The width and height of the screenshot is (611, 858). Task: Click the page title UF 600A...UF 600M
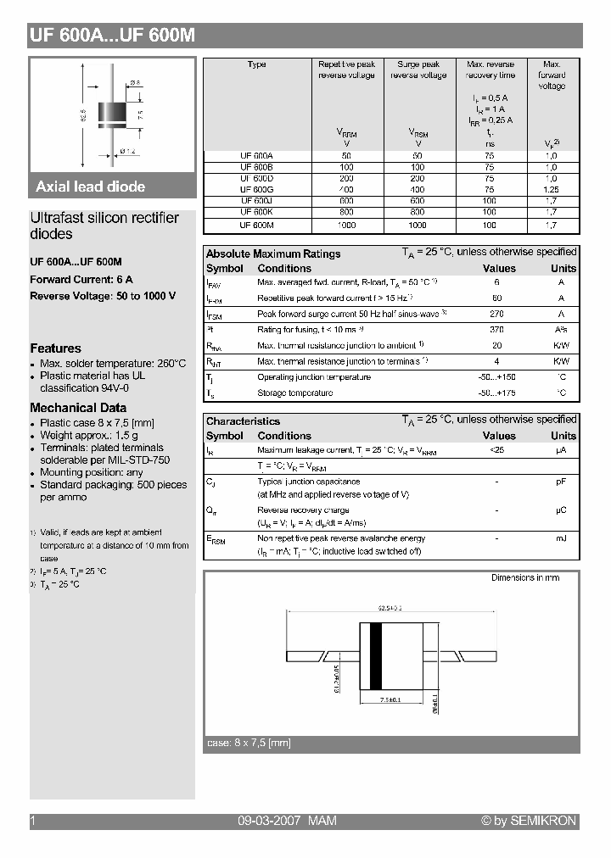(x=112, y=36)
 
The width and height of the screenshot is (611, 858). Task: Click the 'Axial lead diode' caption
(x=91, y=187)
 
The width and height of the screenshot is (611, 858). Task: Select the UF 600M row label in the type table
(x=256, y=225)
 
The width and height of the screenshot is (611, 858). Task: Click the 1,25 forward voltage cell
(x=552, y=190)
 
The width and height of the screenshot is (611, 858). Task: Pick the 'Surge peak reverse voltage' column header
(x=418, y=70)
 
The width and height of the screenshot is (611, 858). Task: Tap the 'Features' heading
(x=56, y=348)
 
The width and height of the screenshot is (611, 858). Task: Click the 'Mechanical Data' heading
(x=78, y=408)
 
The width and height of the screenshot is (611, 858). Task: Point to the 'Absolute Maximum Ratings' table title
(x=273, y=253)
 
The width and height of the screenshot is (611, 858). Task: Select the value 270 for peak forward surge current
(x=497, y=314)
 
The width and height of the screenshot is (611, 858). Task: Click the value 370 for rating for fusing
(x=497, y=330)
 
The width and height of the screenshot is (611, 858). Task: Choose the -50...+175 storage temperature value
(x=496, y=393)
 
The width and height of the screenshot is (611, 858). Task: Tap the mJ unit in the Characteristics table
(x=561, y=538)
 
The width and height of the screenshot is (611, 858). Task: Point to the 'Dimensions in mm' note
(x=525, y=577)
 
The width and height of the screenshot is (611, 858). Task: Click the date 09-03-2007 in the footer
(x=266, y=821)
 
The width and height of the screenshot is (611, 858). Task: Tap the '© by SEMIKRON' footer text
(x=529, y=821)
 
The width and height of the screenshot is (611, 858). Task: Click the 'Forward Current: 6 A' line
(x=81, y=279)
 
